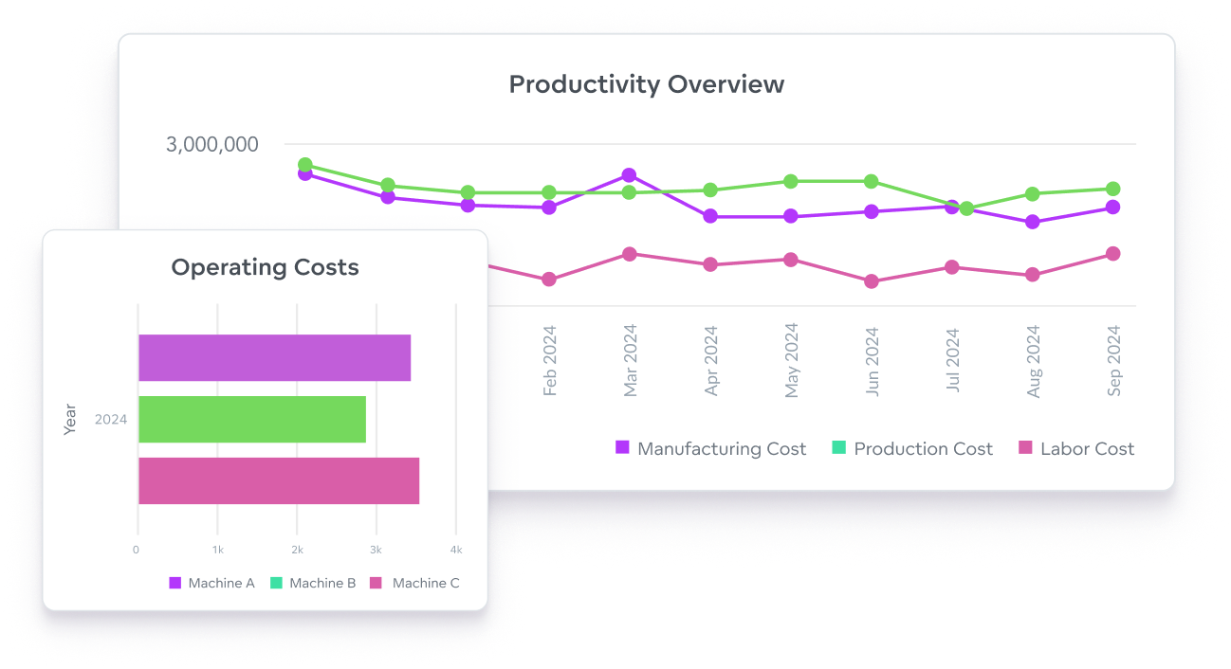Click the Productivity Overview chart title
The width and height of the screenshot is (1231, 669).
(x=646, y=84)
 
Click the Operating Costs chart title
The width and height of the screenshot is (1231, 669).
(x=265, y=267)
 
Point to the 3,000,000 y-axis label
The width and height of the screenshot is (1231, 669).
(x=211, y=145)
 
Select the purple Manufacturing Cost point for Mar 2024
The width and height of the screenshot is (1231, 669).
(x=629, y=175)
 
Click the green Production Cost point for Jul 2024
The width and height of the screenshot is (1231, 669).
(x=966, y=208)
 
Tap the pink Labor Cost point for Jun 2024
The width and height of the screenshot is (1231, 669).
(x=871, y=281)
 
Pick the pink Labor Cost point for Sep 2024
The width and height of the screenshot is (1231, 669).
(x=1112, y=254)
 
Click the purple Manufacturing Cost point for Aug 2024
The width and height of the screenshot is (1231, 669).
(x=1033, y=222)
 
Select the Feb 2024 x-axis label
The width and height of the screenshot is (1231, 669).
(x=549, y=361)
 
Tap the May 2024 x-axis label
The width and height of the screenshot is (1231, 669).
(x=791, y=360)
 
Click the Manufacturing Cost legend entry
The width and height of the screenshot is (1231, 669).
(x=710, y=449)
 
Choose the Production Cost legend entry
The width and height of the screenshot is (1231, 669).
(x=911, y=449)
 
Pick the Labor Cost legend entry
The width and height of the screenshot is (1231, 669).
(x=1075, y=449)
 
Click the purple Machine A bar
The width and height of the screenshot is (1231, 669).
(x=274, y=358)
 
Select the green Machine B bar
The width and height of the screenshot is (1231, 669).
(x=251, y=420)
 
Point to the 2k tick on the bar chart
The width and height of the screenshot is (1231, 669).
(x=297, y=551)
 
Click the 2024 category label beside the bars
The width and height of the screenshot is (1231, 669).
(x=110, y=420)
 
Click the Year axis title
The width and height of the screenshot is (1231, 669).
(x=69, y=420)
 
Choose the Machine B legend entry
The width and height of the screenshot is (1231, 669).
(x=312, y=584)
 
